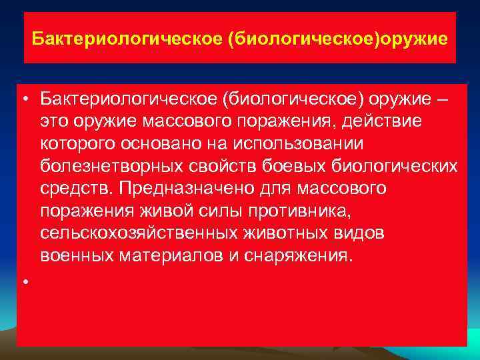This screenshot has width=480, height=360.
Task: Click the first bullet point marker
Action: pos(24,101)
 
